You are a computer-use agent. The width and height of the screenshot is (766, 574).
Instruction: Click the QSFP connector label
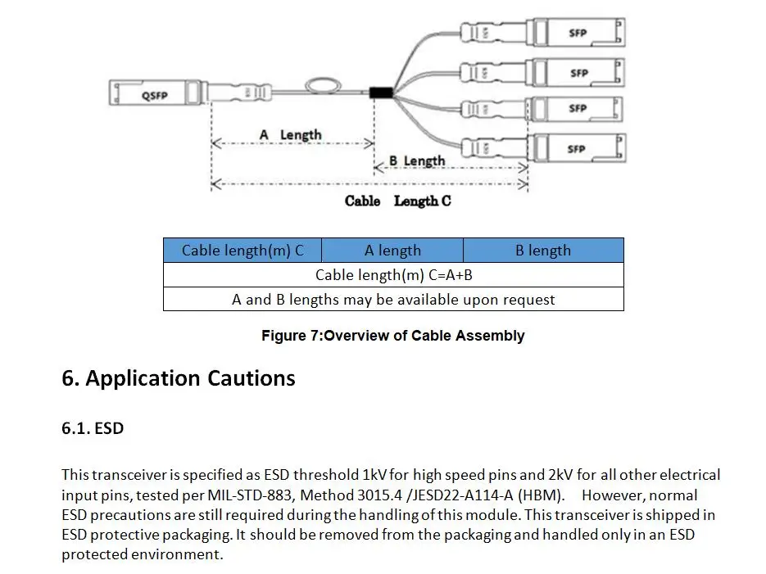[154, 96]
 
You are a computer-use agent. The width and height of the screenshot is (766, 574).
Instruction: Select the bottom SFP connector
[578, 149]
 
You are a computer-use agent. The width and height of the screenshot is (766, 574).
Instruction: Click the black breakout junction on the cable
[381, 93]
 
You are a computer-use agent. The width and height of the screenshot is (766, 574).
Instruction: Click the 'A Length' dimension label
[290, 134]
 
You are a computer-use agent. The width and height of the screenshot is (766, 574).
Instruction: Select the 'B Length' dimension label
[417, 160]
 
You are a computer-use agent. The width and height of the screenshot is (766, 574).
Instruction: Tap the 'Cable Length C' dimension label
[397, 201]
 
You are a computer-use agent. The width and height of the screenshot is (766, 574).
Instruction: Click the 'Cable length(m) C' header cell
[242, 251]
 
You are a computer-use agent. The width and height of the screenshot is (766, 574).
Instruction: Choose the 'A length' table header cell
[392, 251]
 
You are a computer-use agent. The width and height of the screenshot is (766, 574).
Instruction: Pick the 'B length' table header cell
[543, 251]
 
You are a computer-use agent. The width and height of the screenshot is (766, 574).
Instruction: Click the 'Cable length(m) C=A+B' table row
[393, 275]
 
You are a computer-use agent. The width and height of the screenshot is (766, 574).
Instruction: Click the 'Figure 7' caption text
[392, 336]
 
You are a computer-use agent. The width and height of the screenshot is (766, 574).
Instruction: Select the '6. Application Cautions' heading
[178, 378]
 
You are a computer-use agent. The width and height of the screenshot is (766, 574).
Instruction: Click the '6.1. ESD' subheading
[93, 427]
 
